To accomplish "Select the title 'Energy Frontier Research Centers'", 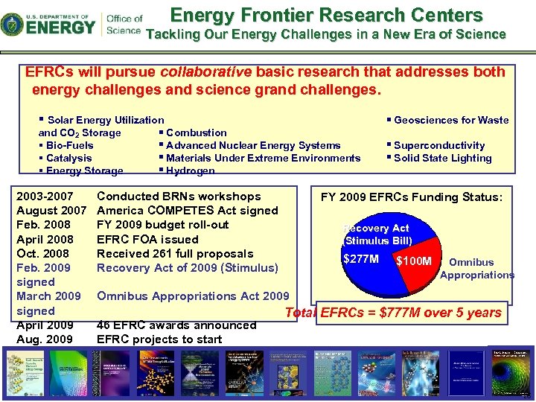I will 326,15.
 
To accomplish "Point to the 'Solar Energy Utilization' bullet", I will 105,120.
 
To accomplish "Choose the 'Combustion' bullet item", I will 196,133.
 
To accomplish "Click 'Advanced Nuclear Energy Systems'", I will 253,145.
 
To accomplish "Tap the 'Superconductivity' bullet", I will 438,145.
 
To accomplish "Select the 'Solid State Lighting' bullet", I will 442,158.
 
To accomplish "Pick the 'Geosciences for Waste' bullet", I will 450,120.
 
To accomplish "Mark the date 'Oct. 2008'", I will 42,254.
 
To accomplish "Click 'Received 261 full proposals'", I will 175,254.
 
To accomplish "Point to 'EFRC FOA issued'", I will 147,239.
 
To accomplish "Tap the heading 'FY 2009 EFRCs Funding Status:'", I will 412,197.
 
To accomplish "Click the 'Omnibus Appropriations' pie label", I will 476,269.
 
